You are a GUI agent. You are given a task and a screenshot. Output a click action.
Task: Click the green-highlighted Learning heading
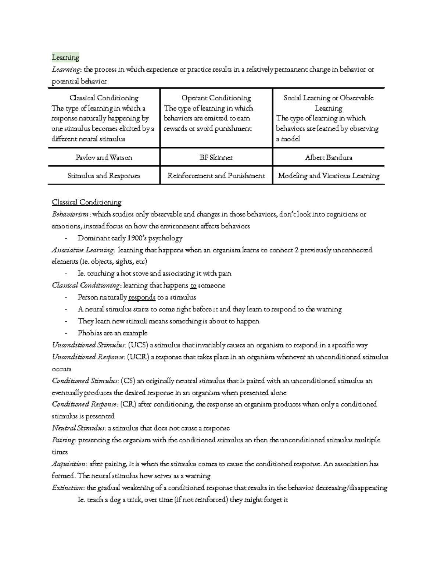pos(65,57)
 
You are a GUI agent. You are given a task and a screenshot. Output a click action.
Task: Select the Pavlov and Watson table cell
pos(104,157)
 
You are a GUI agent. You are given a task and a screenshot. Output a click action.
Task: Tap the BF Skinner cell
pos(216,157)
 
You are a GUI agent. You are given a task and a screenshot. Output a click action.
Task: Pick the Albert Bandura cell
pos(328,157)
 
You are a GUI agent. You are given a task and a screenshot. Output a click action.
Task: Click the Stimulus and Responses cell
pos(104,176)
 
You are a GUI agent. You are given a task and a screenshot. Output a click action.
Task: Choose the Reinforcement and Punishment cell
pos(216,176)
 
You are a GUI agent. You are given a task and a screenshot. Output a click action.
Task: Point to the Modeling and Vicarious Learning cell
pos(329,176)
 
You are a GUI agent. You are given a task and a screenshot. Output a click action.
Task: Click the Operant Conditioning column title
pos(216,98)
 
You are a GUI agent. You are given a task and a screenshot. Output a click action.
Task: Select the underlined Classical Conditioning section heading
pos(87,202)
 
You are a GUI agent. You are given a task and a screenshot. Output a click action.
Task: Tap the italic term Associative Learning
pos(83,250)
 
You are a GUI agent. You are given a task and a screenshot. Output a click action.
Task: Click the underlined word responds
pos(141,297)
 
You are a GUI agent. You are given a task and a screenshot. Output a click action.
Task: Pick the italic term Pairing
pos(64,440)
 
